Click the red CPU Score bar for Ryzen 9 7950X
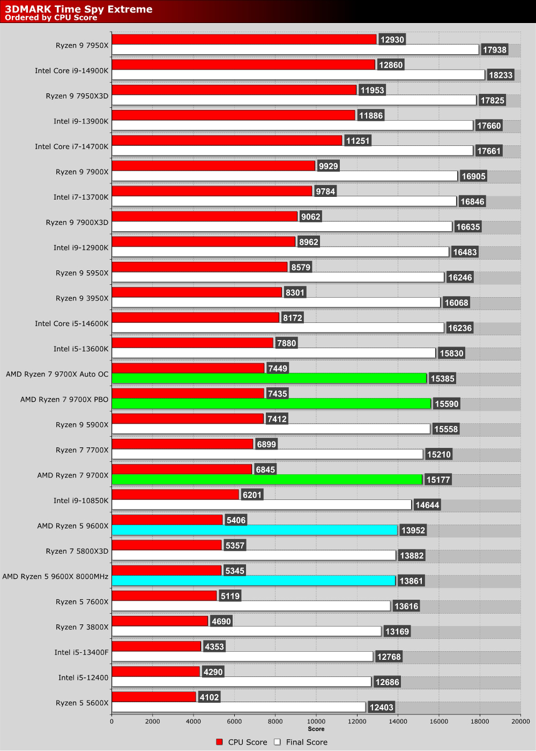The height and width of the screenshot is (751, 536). [x=244, y=40]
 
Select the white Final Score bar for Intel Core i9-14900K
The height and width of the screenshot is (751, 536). [x=298, y=75]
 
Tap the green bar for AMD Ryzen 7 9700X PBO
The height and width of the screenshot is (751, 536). [x=271, y=404]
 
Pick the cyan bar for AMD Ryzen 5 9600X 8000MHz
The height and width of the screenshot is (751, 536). [x=254, y=581]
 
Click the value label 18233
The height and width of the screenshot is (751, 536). [x=501, y=75]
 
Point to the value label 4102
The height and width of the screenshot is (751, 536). [x=209, y=697]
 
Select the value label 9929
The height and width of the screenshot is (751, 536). [x=328, y=166]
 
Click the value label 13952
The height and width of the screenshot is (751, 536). [x=413, y=531]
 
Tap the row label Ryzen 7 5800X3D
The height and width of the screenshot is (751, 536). [x=77, y=551]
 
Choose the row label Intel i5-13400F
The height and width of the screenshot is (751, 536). [x=81, y=652]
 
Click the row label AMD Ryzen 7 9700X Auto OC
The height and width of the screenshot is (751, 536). [x=57, y=374]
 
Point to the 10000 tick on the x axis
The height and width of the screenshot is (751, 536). [x=316, y=721]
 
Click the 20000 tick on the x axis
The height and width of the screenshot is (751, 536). [x=520, y=721]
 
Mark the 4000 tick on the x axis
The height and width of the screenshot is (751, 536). [x=193, y=721]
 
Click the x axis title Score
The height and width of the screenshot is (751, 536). [x=316, y=729]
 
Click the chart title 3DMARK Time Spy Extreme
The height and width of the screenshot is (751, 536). [x=79, y=9]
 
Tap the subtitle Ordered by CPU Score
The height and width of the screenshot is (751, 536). [x=51, y=18]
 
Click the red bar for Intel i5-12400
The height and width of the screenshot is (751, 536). [x=155, y=672]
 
